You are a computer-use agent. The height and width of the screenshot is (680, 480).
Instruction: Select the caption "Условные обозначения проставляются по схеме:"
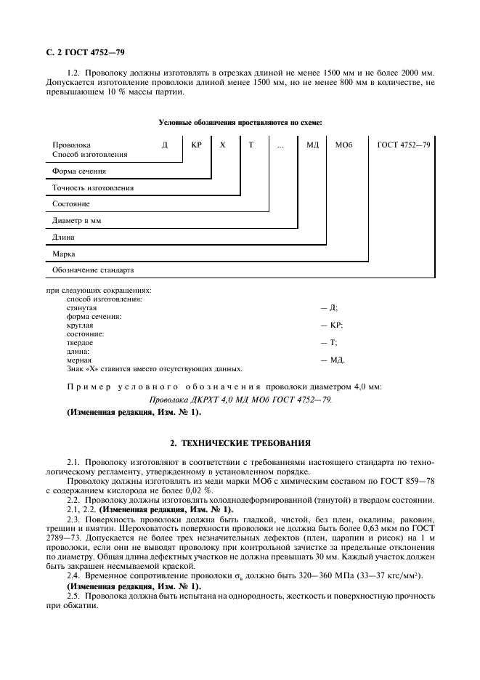tap(240, 123)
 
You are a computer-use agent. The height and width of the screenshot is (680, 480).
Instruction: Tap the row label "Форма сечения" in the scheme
tap(79, 171)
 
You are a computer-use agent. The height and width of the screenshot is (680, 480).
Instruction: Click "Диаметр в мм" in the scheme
tap(77, 221)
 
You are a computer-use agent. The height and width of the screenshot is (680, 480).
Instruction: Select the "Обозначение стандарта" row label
tap(93, 270)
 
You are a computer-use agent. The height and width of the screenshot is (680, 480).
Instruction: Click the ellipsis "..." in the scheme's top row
tap(281, 145)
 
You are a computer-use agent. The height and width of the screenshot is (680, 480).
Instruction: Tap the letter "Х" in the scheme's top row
tap(223, 145)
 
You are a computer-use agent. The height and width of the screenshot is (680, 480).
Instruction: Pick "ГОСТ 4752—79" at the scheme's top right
tap(404, 145)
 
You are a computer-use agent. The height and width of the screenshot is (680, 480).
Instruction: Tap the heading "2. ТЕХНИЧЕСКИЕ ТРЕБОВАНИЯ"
tap(240, 442)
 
